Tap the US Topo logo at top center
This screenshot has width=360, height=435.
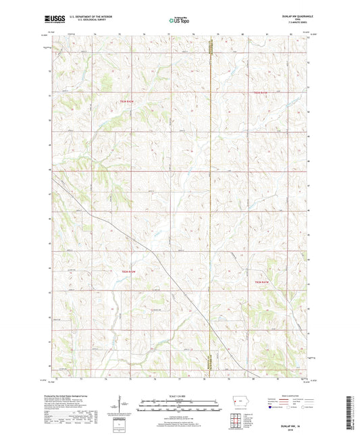[x=180, y=21]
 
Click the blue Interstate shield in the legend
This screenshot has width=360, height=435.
[x=272, y=409]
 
